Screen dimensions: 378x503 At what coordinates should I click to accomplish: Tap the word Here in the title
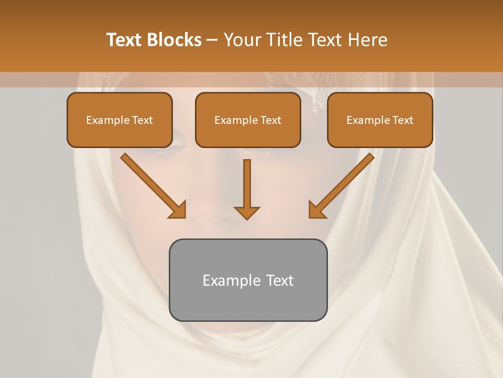368,40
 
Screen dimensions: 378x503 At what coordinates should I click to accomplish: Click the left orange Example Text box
119,120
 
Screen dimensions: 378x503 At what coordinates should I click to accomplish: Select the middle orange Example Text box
248,120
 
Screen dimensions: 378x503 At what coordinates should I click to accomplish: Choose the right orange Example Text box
380,120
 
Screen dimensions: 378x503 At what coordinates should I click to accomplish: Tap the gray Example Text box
248,280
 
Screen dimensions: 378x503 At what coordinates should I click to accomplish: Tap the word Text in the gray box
280,280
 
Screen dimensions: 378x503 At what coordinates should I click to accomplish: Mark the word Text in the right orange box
402,120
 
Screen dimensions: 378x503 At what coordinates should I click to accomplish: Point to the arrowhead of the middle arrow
247,213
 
